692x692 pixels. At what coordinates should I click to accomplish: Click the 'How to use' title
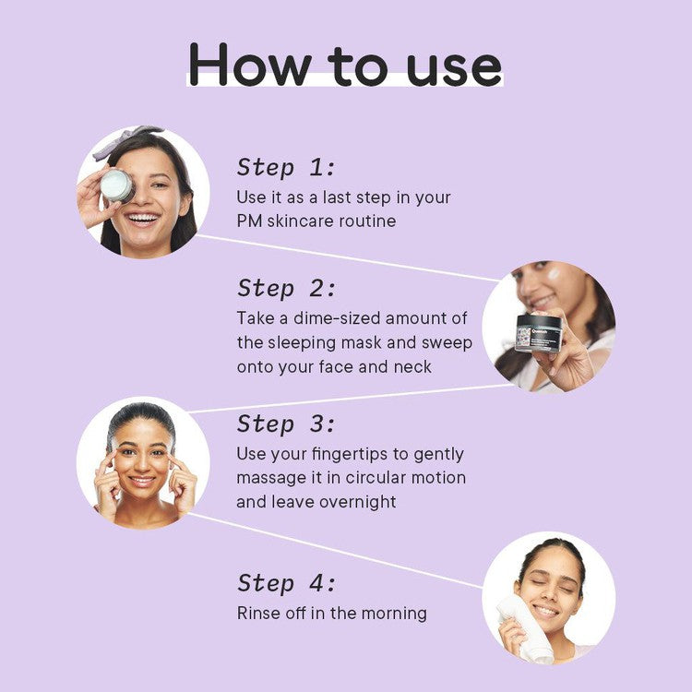345,65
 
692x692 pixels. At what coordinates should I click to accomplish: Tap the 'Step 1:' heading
286,168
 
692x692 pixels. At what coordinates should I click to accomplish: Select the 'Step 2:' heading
286,289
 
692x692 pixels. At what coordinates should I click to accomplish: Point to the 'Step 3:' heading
286,424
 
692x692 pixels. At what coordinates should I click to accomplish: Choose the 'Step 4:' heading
286,583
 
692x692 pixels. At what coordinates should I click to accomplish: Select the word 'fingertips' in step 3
350,455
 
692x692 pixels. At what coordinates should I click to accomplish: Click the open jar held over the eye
116,185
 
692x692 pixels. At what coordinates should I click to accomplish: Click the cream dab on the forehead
553,274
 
